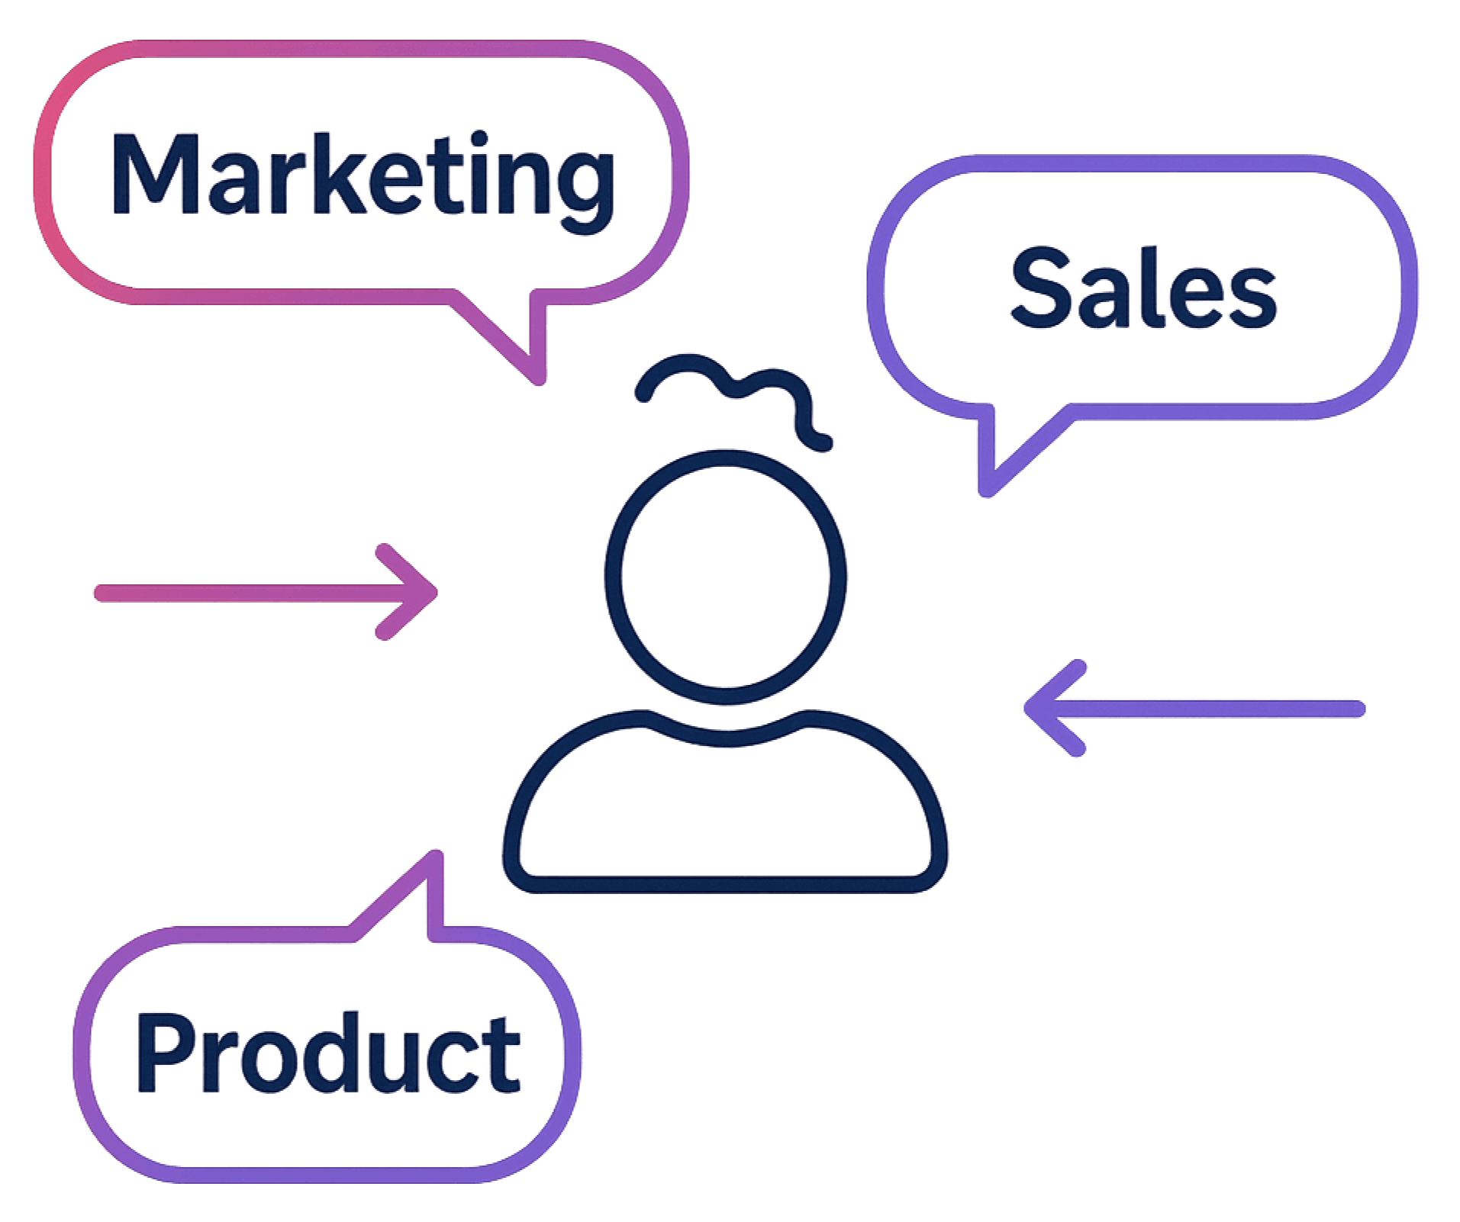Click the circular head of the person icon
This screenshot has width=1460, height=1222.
click(x=725, y=576)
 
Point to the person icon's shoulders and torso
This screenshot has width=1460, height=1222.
click(x=725, y=809)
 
